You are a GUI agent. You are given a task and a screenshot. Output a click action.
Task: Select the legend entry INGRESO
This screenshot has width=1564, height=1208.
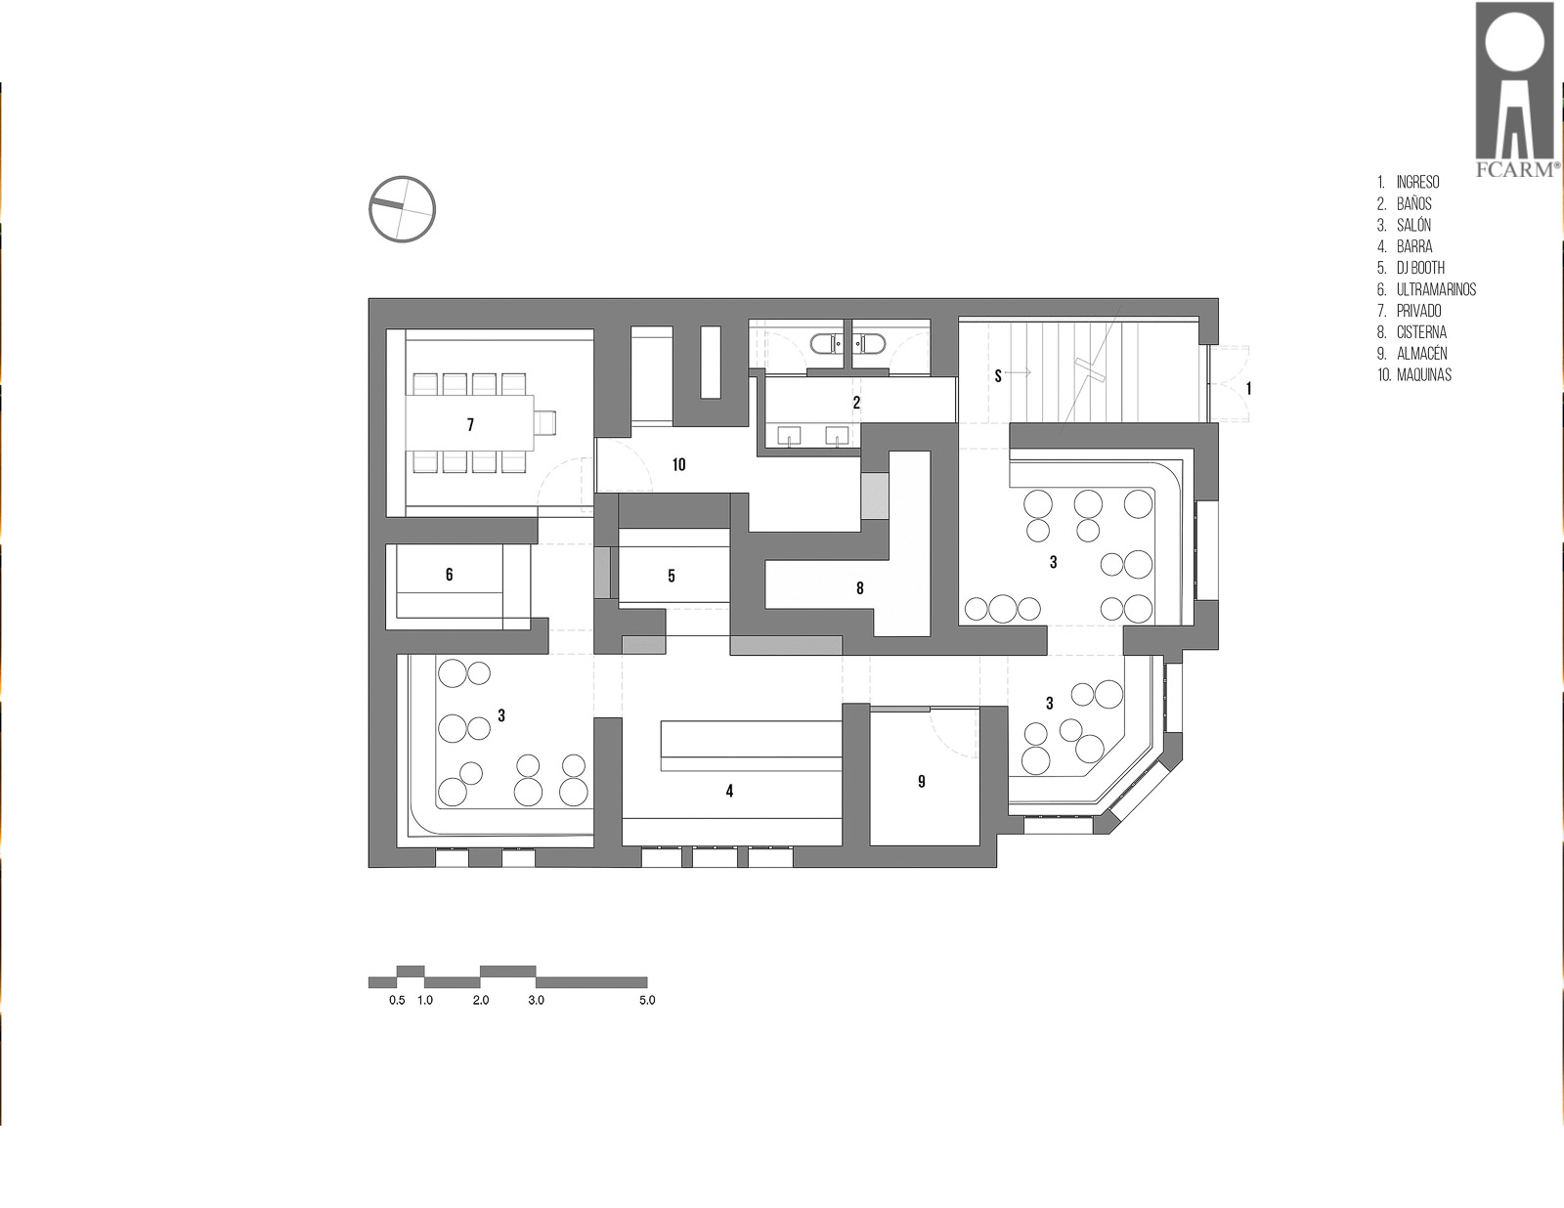1418,182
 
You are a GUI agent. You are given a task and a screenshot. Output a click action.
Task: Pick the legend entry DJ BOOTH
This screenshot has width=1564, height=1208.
1420,268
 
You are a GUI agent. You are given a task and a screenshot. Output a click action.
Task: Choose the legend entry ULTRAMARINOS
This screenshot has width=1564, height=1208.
1437,289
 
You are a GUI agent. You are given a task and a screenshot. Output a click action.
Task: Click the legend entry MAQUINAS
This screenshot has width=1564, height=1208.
1424,375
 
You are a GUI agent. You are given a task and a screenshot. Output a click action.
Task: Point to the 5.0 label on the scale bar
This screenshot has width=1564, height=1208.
647,1000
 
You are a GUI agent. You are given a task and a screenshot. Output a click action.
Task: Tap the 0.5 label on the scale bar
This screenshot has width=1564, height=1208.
397,1000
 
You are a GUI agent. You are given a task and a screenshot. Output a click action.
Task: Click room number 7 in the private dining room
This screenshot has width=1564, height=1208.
470,425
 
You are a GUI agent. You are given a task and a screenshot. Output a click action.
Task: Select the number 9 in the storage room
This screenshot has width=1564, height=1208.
921,781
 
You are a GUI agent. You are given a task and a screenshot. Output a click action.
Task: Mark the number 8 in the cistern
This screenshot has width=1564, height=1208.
859,588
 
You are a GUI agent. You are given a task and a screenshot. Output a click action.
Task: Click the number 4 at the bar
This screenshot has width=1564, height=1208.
729,792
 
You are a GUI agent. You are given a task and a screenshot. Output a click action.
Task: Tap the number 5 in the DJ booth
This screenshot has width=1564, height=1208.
672,576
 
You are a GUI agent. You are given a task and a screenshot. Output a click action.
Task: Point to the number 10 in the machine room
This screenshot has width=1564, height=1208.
678,465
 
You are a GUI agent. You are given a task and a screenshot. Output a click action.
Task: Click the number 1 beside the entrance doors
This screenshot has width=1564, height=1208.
1248,389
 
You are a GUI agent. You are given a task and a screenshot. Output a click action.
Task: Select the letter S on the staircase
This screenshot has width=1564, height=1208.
998,375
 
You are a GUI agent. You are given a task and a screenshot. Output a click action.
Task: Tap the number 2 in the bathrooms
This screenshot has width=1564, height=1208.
856,403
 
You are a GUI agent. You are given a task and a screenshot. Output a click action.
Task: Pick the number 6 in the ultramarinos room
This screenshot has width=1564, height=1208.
449,574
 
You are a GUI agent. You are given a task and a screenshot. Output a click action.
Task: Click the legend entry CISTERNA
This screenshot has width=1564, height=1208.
1421,332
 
